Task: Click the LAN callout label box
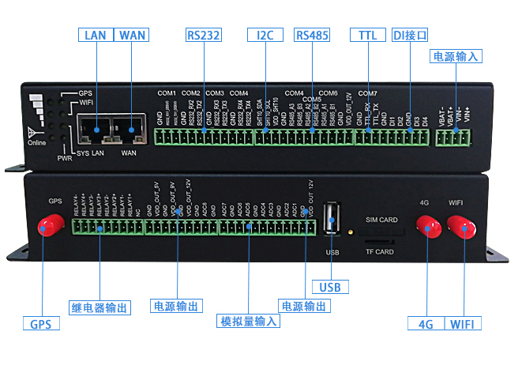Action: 96,36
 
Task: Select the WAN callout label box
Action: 131,36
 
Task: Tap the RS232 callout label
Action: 204,36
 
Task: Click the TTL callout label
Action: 367,36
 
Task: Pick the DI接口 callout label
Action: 411,36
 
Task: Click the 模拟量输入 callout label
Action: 248,321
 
